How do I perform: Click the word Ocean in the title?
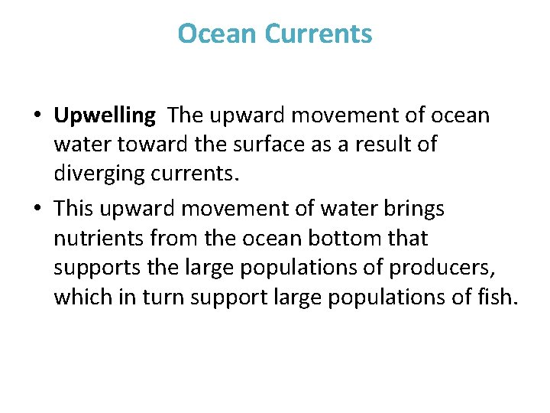point(218,34)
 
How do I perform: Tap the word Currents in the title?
point(319,34)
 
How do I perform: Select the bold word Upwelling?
point(105,115)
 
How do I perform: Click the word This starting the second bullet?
point(73,209)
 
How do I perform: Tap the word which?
point(79,298)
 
